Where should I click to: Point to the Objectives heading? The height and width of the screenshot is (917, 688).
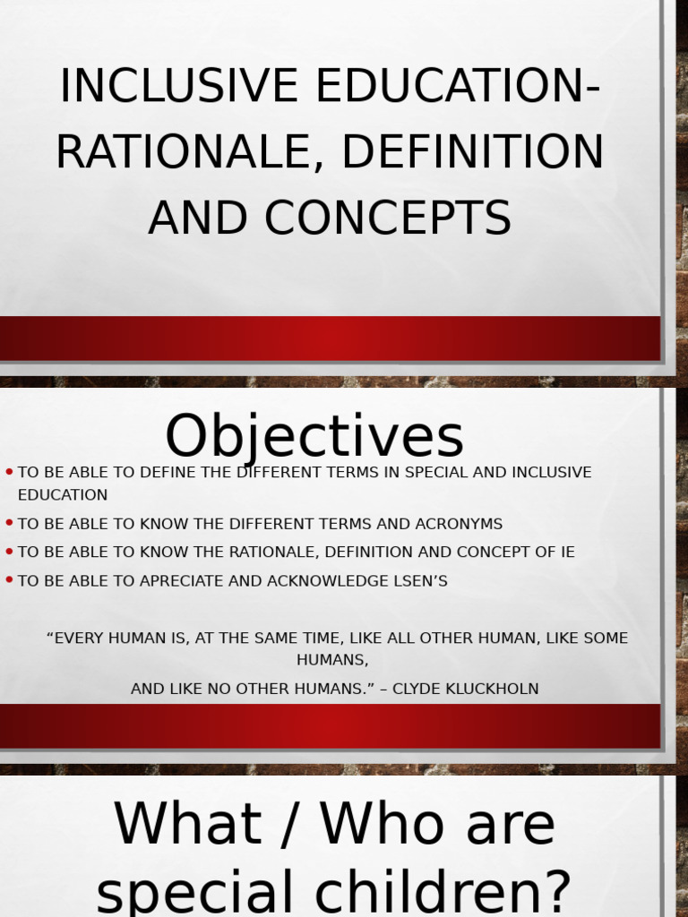pos(314,437)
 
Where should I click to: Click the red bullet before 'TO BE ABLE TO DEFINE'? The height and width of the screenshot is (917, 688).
pos(9,471)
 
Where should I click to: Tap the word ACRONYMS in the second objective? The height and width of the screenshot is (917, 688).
pos(459,524)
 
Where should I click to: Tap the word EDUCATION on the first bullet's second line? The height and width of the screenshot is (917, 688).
pos(63,495)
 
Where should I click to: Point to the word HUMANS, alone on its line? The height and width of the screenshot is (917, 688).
pos(332,660)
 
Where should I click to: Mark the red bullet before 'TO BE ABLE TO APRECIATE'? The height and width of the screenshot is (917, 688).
pos(9,580)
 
